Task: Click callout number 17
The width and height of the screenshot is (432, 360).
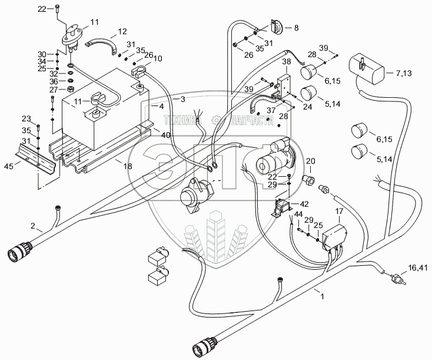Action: point(338,211)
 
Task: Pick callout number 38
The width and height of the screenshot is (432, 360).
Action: point(287,61)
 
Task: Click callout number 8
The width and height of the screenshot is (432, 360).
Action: point(295,28)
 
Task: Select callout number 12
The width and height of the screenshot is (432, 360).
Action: point(122,31)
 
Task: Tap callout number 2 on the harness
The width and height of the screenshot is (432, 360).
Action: point(32,226)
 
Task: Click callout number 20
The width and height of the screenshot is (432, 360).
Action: point(310,161)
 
